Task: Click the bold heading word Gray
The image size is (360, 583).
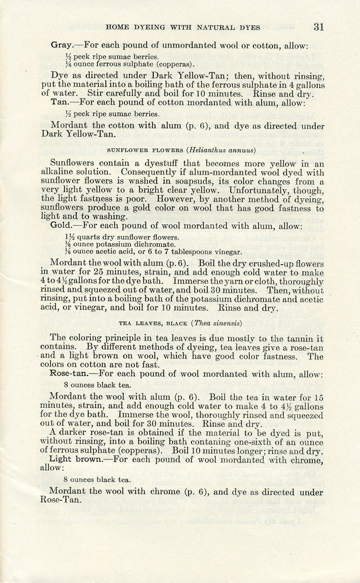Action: [x=61, y=45]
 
